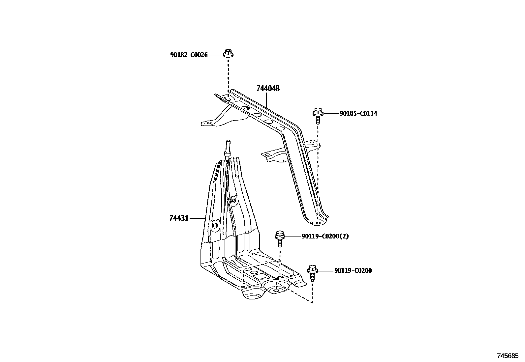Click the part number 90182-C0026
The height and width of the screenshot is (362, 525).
point(189,55)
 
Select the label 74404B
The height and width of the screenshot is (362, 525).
point(268,89)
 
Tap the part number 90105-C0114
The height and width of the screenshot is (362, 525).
point(358,114)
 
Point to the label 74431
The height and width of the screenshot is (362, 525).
point(179,218)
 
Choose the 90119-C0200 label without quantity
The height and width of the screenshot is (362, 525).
point(353,271)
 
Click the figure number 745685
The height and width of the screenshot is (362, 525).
point(508,356)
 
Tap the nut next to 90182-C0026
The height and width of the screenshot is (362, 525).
point(227,53)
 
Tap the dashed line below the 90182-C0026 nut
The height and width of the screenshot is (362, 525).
point(228,76)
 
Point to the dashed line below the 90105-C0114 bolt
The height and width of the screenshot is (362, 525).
point(318,165)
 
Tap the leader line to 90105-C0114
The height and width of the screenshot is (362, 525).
point(330,114)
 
